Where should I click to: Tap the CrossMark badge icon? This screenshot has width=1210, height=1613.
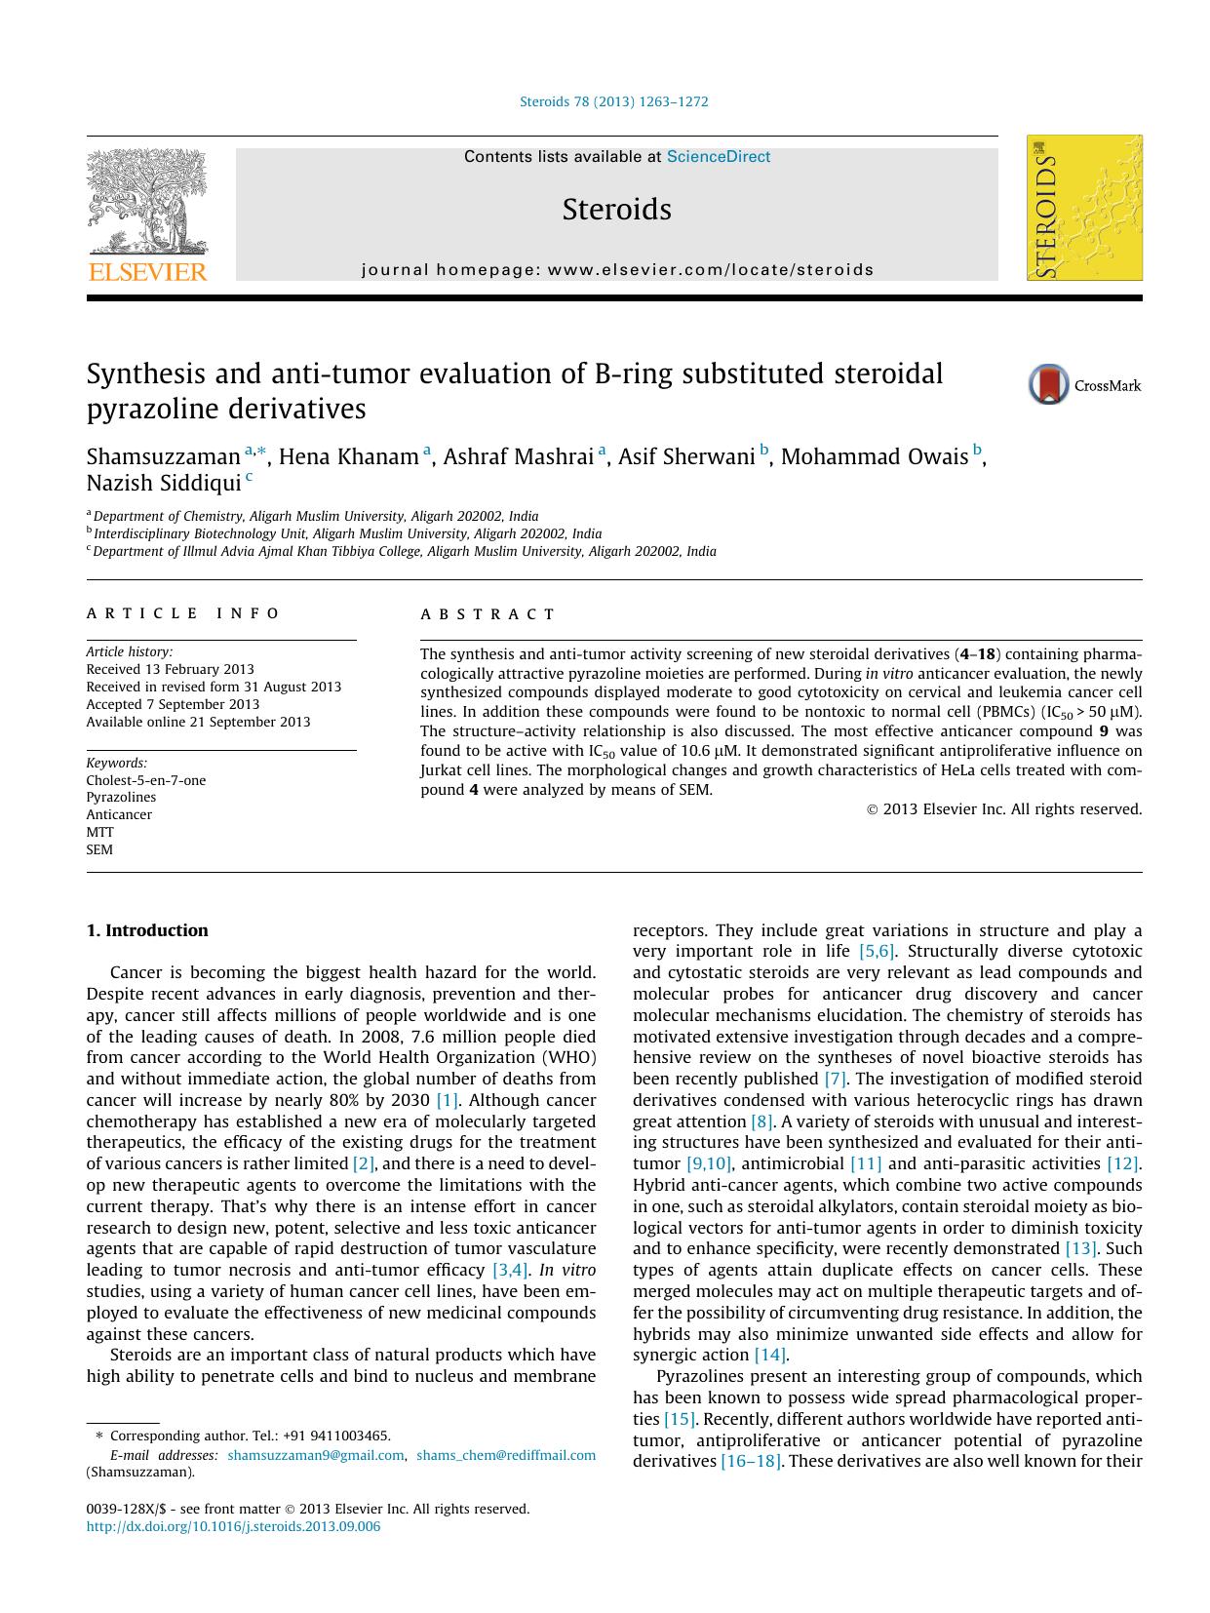1049,385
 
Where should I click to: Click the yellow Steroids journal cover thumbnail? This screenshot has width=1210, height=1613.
1084,209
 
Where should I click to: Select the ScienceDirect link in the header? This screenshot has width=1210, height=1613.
718,157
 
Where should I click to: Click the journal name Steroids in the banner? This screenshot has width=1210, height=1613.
616,210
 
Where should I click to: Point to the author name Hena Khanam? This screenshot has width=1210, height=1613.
348,457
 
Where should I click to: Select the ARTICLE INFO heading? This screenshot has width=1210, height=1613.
183,613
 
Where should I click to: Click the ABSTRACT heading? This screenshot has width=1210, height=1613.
488,614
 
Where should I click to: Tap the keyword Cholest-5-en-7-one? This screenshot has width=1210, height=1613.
146,780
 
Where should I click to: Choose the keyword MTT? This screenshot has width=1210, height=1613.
99,832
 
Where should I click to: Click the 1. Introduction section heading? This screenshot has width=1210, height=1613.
147,930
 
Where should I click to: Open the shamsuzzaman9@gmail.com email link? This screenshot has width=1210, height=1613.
315,1455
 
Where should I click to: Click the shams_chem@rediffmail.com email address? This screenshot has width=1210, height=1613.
505,1455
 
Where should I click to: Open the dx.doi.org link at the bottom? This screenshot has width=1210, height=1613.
233,1527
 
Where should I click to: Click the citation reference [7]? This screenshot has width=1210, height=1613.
835,1079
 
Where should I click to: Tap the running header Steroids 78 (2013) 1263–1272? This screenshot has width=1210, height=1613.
614,101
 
